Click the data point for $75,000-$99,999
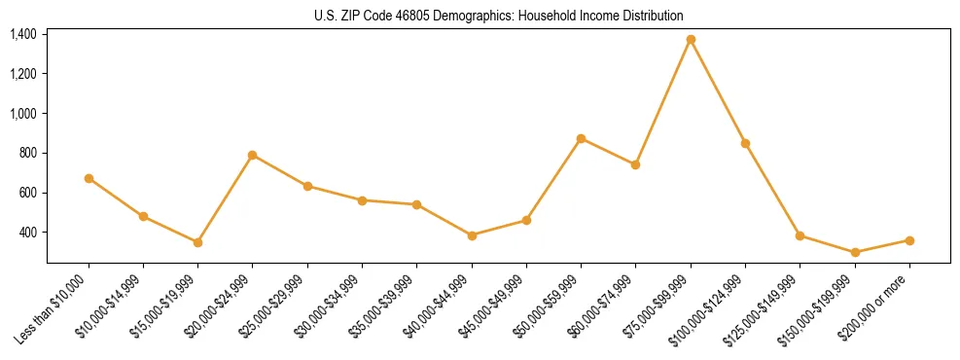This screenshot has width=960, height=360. tap(691, 40)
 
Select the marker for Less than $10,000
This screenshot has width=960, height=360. tap(89, 178)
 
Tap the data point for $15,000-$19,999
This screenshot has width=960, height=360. tap(197, 242)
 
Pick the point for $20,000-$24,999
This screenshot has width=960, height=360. tap(252, 155)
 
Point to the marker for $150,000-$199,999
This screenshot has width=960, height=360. tap(855, 252)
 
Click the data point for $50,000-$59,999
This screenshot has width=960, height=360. tap(581, 138)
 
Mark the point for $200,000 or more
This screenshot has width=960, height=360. tap(909, 240)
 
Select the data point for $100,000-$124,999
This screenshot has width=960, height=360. tap(745, 143)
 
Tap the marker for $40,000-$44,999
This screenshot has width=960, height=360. tap(472, 235)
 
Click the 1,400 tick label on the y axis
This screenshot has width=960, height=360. tap(23, 35)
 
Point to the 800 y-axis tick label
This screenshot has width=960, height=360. tap(27, 154)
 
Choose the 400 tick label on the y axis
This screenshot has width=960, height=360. tap(27, 233)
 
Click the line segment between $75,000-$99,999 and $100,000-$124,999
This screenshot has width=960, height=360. tap(718, 91)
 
